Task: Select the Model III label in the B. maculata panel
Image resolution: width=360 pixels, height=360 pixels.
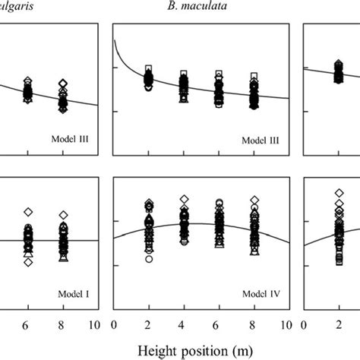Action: (260, 141)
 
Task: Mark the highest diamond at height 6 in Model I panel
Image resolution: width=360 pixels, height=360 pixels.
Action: (28, 213)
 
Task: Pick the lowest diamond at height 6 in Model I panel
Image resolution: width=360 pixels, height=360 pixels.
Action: (28, 262)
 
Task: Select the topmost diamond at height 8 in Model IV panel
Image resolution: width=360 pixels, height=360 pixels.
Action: (254, 201)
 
